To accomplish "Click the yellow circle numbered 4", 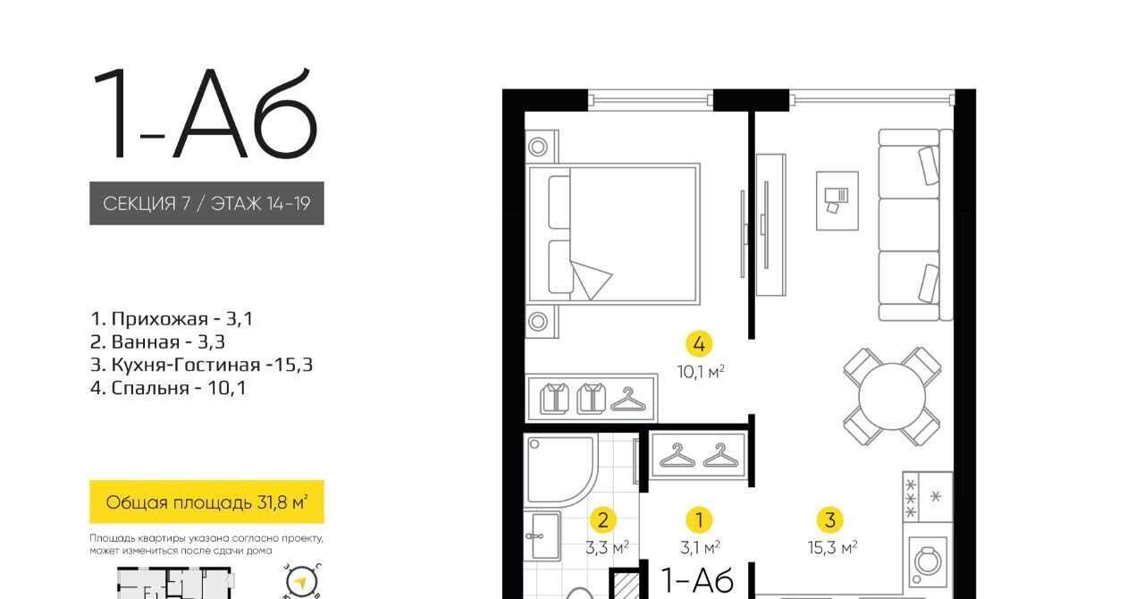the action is point(699,344).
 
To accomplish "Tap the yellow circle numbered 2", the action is point(602,519).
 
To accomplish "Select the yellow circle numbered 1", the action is point(699,519).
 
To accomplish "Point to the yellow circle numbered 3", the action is point(830,519).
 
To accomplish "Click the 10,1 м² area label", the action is point(701,372).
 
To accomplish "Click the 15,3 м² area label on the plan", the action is point(832,547).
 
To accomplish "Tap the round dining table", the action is point(892,396).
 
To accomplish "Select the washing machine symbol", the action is point(927,561).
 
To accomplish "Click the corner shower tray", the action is point(559,469).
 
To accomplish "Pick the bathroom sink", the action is point(544,536).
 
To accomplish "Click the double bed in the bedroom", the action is point(613,234).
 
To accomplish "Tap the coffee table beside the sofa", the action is point(837,201).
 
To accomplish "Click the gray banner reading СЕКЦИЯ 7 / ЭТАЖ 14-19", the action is point(206,204).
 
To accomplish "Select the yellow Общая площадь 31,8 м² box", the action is point(206,502).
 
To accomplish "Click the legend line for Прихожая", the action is point(172,319).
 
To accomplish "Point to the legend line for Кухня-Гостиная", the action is point(202,365).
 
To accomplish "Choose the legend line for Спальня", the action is point(168,388).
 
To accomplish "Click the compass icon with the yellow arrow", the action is point(301,582).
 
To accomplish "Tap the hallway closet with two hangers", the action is point(699,456).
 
